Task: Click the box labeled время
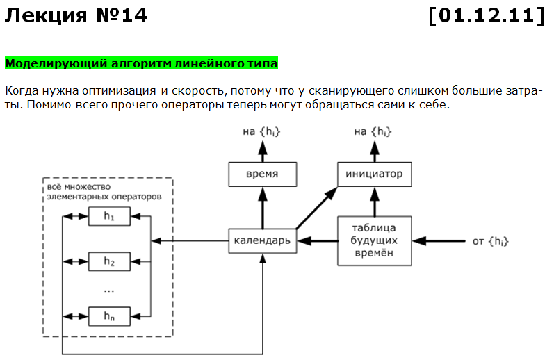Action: (x=263, y=174)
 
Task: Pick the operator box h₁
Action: (x=108, y=218)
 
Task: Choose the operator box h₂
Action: (x=108, y=261)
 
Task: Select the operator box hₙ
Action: (x=108, y=316)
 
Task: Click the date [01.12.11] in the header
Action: (x=486, y=15)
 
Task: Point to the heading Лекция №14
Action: (x=76, y=15)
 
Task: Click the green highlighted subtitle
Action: (x=142, y=64)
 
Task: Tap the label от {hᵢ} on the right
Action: (x=490, y=241)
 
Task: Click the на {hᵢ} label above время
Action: (x=263, y=131)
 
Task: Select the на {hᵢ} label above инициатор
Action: (x=373, y=131)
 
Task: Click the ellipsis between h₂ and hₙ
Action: (x=108, y=288)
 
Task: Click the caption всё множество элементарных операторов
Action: (x=104, y=192)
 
